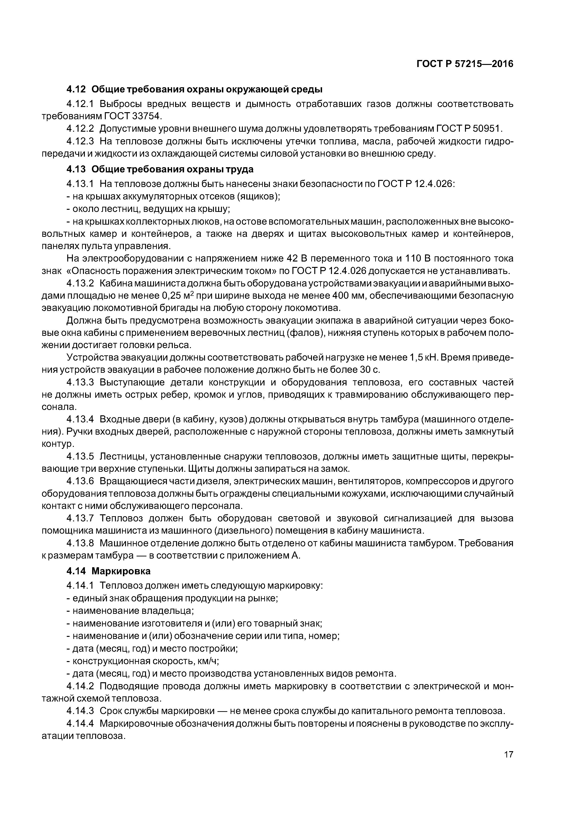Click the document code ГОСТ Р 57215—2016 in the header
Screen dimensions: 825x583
click(x=465, y=64)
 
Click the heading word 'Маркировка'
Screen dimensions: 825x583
click(x=121, y=571)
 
